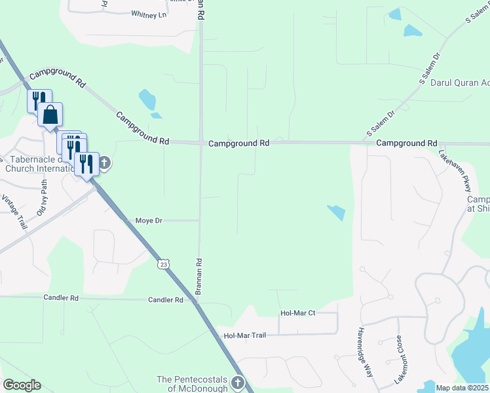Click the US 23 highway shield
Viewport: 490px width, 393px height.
[163, 264]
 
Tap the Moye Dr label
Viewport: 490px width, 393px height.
[148, 221]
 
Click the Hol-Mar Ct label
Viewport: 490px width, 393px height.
[297, 313]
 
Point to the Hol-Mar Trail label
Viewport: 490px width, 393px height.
[245, 335]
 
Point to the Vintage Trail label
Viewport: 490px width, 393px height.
[14, 211]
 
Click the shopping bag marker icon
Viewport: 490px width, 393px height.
[50, 115]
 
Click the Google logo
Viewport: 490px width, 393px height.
[22, 385]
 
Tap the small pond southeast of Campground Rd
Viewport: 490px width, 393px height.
[335, 212]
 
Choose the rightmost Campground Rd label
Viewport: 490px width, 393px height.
[406, 143]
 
